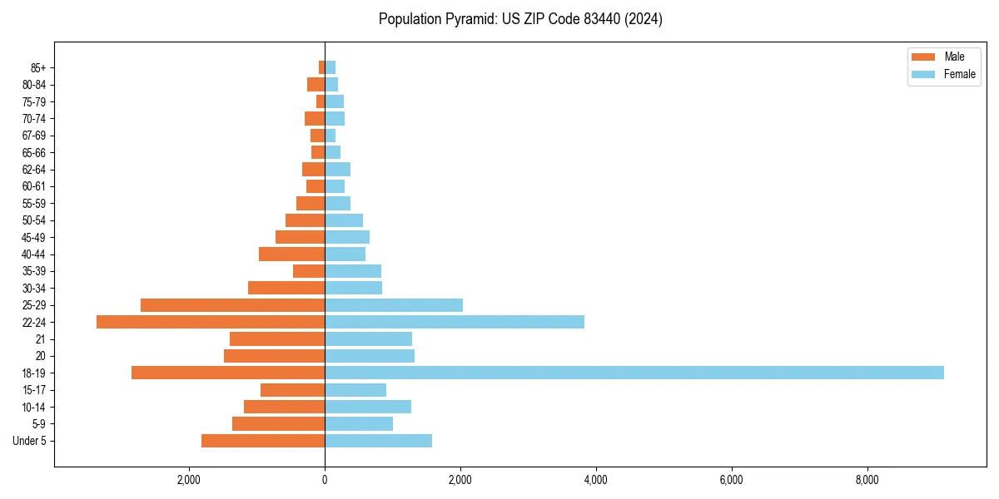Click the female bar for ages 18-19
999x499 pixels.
634,373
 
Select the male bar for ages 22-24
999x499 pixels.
211,322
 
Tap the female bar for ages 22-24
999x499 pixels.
455,322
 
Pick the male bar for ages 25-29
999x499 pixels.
232,305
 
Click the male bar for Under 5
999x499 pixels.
263,441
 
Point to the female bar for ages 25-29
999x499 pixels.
394,305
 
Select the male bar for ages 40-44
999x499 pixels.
291,254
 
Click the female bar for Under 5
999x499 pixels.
378,441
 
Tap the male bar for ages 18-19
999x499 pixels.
228,373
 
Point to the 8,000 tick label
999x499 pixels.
867,481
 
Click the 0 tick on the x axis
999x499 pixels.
325,481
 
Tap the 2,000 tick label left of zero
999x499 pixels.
189,481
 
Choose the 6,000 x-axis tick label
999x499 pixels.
731,481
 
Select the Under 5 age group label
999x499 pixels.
29,441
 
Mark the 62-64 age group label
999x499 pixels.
34,170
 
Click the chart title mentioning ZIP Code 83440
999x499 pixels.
520,19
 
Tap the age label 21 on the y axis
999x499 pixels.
40,339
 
